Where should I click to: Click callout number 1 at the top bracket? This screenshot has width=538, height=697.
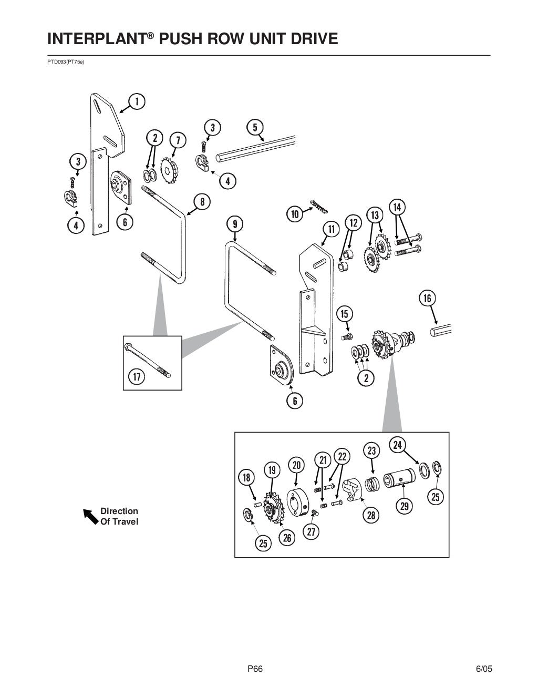coord(137,101)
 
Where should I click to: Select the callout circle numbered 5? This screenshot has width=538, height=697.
coord(255,127)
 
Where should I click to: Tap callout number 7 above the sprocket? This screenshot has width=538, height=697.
coord(178,140)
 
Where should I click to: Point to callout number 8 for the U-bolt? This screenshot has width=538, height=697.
coord(202,201)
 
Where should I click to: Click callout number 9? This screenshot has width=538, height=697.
coord(235,224)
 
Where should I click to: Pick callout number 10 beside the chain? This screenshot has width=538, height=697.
coord(295,214)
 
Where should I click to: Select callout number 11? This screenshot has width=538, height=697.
coord(332,229)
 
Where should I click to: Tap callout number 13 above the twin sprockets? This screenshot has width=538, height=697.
coord(375,216)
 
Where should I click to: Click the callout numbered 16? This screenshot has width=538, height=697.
coord(427,299)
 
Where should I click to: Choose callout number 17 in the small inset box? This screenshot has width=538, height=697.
coord(137,376)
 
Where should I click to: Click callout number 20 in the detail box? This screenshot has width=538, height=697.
coord(296,465)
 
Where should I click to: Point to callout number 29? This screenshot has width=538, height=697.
coord(404,506)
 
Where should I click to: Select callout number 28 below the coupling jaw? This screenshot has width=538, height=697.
coord(371,515)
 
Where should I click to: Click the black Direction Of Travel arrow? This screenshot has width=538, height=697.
coord(91,517)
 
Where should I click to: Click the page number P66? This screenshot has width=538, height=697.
coord(255,669)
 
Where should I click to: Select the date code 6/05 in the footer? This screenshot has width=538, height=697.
coord(484,669)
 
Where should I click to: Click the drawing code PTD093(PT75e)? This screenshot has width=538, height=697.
coord(66,62)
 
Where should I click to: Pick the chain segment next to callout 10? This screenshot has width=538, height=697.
coord(318,207)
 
